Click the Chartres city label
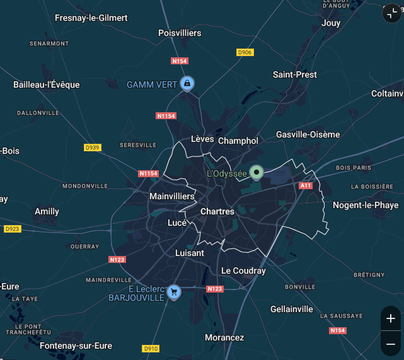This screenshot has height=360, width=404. pos(217,211)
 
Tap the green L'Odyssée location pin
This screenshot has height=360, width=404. pos(257,171)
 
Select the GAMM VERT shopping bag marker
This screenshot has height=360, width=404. pos(187,83)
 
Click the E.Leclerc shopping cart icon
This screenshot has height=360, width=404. pos(173,292)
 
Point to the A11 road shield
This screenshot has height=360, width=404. pos(306,185)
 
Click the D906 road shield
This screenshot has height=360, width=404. pos(245,52)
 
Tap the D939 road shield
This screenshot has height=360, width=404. pos(92,148)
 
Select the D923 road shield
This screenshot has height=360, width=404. pos(12,229)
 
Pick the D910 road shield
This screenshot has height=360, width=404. pos(151,349)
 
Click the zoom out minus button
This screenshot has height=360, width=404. pos(391,344)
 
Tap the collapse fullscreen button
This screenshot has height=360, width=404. pos(391,14)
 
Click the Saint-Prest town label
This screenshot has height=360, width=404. pos(295,74)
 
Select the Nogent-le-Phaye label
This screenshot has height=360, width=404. pos(366,205)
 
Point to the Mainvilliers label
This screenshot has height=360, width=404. pos(172,197)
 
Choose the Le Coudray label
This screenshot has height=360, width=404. pos(243,270)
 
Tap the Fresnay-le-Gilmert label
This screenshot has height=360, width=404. pos(91,18)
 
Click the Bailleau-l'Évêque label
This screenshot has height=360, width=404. pos(47,84)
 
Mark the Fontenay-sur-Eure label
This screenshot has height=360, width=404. pos(76,345)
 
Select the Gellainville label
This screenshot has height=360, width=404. pos(291,309)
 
